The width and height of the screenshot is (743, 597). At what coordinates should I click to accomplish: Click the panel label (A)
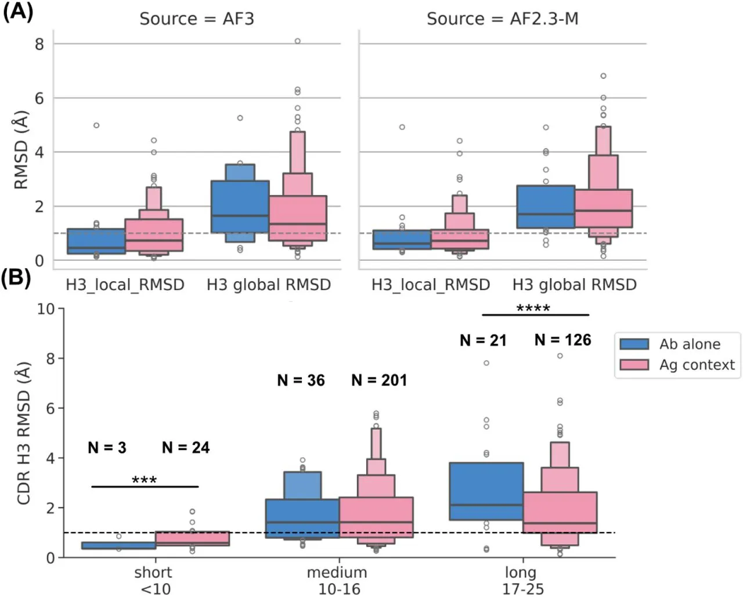[x=17, y=11]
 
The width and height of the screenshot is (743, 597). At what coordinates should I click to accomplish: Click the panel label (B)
[x=16, y=278]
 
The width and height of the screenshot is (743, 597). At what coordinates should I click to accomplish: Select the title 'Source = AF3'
[x=196, y=19]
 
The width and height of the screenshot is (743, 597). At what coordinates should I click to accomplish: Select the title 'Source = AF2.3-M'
[x=502, y=19]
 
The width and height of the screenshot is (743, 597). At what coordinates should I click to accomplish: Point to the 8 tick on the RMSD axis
[x=39, y=44]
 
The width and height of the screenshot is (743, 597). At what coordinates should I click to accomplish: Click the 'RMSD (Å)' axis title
[x=21, y=150]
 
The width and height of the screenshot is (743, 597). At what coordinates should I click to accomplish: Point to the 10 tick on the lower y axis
[x=46, y=309]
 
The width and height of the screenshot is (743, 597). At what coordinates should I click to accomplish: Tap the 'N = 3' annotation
[x=107, y=448]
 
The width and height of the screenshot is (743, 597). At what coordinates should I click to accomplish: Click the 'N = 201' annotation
[x=379, y=380]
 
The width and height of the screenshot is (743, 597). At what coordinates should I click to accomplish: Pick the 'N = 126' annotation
[x=562, y=340]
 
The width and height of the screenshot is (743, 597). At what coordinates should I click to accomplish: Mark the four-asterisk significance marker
[x=533, y=308]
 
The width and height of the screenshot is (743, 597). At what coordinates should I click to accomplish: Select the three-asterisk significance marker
[x=144, y=480]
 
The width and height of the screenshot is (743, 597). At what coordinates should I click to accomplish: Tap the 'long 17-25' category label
[x=522, y=580]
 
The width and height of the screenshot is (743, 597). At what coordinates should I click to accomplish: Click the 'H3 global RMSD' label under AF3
[x=269, y=285]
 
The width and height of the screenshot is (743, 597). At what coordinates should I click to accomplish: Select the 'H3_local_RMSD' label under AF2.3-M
[x=431, y=285]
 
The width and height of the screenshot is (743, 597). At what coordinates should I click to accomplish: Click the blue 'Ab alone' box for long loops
[x=486, y=491]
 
